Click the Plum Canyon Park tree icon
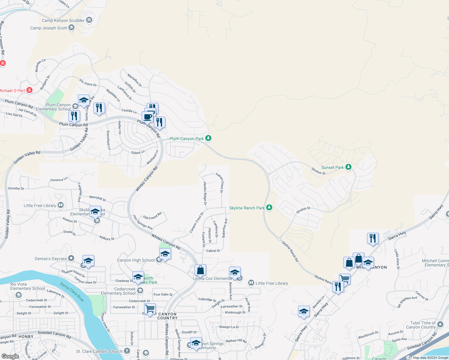tap(208, 138)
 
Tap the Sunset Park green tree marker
tap(348, 167)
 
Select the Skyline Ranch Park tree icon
tap(269, 208)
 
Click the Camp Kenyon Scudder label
tap(63, 20)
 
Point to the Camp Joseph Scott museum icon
tap(71, 28)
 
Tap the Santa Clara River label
tap(72, 292)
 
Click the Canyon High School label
tap(136, 260)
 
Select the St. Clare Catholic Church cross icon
tap(127, 351)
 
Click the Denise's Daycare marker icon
tap(71, 258)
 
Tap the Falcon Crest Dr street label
tap(220, 183)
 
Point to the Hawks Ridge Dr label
tap(205, 193)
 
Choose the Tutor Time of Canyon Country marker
tap(440, 324)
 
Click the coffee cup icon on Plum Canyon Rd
tap(148, 116)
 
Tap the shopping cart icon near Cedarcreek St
tap(150, 308)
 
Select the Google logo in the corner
tap(10, 356)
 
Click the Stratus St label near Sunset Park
tap(318, 171)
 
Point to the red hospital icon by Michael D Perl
tap(29, 90)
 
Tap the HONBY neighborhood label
tap(26, 337)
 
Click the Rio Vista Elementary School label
tap(28, 286)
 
